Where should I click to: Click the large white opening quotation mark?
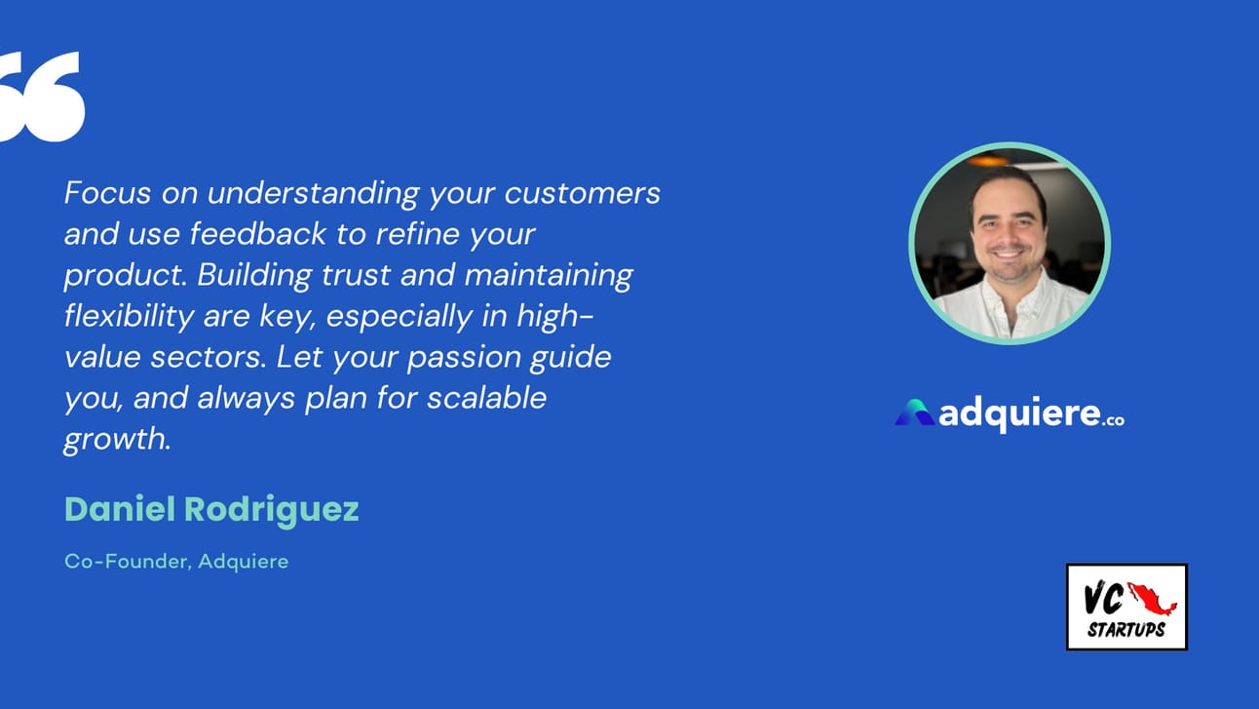[x=41, y=97]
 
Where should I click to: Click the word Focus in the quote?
[x=108, y=193]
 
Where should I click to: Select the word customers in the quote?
[x=583, y=193]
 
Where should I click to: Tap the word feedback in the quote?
[x=258, y=233]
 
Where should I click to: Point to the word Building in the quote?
[x=254, y=276]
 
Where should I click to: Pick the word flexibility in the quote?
[x=129, y=316]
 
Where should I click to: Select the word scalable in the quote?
[x=486, y=398]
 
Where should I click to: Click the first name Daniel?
[x=120, y=509]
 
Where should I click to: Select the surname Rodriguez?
[x=272, y=511]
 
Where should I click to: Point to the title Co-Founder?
[x=129, y=562]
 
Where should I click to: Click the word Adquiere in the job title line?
[x=244, y=562]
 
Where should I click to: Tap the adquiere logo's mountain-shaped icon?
[x=914, y=413]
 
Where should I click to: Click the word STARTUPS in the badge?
[x=1126, y=630]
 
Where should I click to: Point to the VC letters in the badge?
[x=1104, y=599]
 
